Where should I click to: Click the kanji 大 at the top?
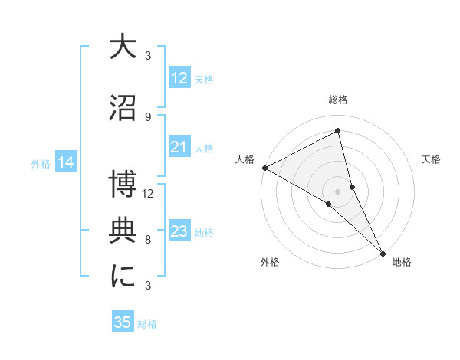click(123, 47)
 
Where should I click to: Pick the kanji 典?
click(123, 231)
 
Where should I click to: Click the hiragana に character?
click(123, 277)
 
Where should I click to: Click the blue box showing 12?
click(179, 78)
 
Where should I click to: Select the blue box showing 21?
click(179, 147)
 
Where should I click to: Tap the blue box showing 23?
click(179, 231)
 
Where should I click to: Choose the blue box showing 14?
click(66, 162)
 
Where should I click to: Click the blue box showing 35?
click(123, 322)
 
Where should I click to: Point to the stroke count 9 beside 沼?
click(148, 117)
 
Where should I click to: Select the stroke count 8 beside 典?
click(148, 240)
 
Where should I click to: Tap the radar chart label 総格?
click(338, 100)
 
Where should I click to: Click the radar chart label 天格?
click(431, 159)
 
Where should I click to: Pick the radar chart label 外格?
click(270, 262)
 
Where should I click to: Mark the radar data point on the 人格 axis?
click(264, 168)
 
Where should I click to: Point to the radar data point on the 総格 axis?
click(338, 131)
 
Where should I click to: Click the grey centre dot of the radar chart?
click(338, 190)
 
